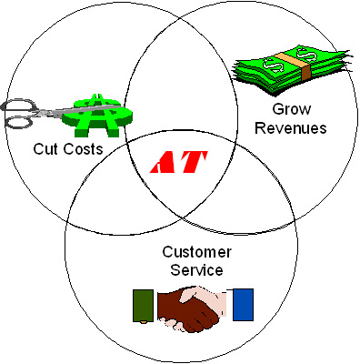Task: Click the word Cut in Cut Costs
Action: [47, 147]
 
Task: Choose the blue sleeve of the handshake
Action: [241, 305]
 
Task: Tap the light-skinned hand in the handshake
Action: [213, 303]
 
